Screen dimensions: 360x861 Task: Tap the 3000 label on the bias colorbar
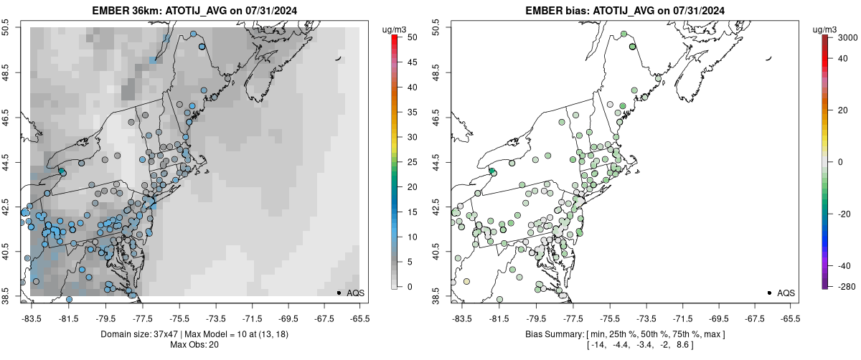(x=850, y=36)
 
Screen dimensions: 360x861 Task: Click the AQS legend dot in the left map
(x=339, y=293)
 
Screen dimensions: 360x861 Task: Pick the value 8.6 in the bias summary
(x=684, y=345)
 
